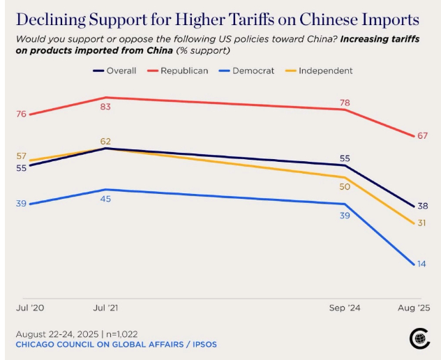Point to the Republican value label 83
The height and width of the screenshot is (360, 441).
pos(105,107)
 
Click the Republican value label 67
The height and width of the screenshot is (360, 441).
pos(422,135)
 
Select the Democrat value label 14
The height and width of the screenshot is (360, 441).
pos(422,264)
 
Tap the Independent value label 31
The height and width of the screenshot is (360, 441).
pos(422,223)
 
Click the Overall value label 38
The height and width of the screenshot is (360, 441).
pos(422,206)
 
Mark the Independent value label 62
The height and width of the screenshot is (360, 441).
pos(105,141)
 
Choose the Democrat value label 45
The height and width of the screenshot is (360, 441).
pos(105,199)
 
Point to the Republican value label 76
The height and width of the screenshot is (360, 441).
pos(21,114)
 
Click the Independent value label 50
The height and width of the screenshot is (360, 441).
pos(345,186)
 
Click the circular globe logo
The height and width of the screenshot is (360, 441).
pos(419,338)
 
